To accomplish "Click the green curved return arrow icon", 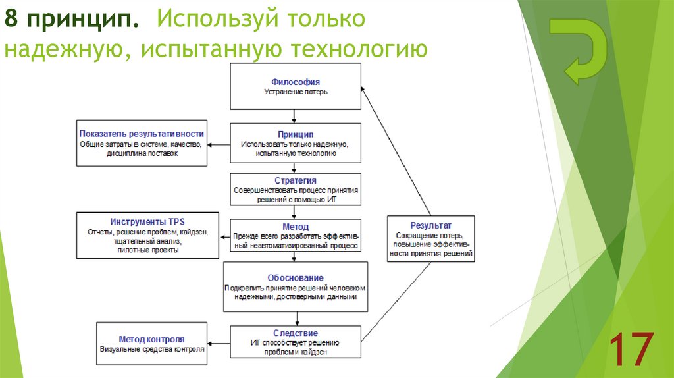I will click(577, 51).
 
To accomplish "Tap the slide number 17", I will click(631, 350).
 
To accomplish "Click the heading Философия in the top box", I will click(296, 82).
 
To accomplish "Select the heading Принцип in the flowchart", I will click(296, 134).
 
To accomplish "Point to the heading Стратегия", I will click(296, 180).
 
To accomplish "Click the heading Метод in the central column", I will click(296, 226).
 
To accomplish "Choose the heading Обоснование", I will click(296, 277).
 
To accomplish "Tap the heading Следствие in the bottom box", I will click(296, 333).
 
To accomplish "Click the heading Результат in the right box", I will click(430, 225).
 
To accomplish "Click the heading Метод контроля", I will click(151, 338).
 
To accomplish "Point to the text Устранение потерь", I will click(296, 92).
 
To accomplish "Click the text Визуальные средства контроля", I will click(152, 350).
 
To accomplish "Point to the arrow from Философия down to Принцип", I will click(296, 116).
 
